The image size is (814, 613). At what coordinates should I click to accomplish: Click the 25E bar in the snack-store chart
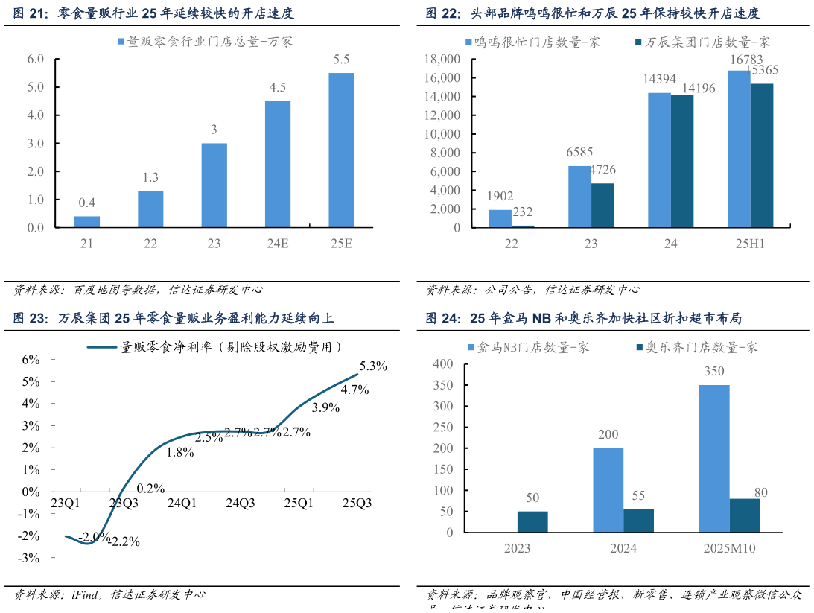click(x=341, y=150)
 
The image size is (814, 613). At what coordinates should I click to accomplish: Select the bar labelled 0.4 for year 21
click(x=87, y=222)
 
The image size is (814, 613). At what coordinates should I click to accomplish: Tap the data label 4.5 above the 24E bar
click(x=278, y=88)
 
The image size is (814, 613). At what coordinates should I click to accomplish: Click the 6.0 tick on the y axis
click(x=36, y=59)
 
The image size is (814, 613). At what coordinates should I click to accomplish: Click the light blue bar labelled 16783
click(x=738, y=149)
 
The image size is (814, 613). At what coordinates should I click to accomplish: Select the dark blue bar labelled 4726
click(x=603, y=205)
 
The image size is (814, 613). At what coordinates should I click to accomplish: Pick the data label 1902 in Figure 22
click(x=500, y=197)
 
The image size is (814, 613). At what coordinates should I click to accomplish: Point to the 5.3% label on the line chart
click(x=373, y=366)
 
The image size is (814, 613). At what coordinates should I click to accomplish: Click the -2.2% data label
click(x=126, y=541)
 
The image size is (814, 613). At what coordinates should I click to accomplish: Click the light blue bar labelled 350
click(x=714, y=458)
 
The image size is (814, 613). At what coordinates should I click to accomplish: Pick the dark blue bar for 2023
click(x=532, y=521)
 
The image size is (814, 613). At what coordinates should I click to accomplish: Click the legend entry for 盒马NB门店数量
click(x=529, y=347)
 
